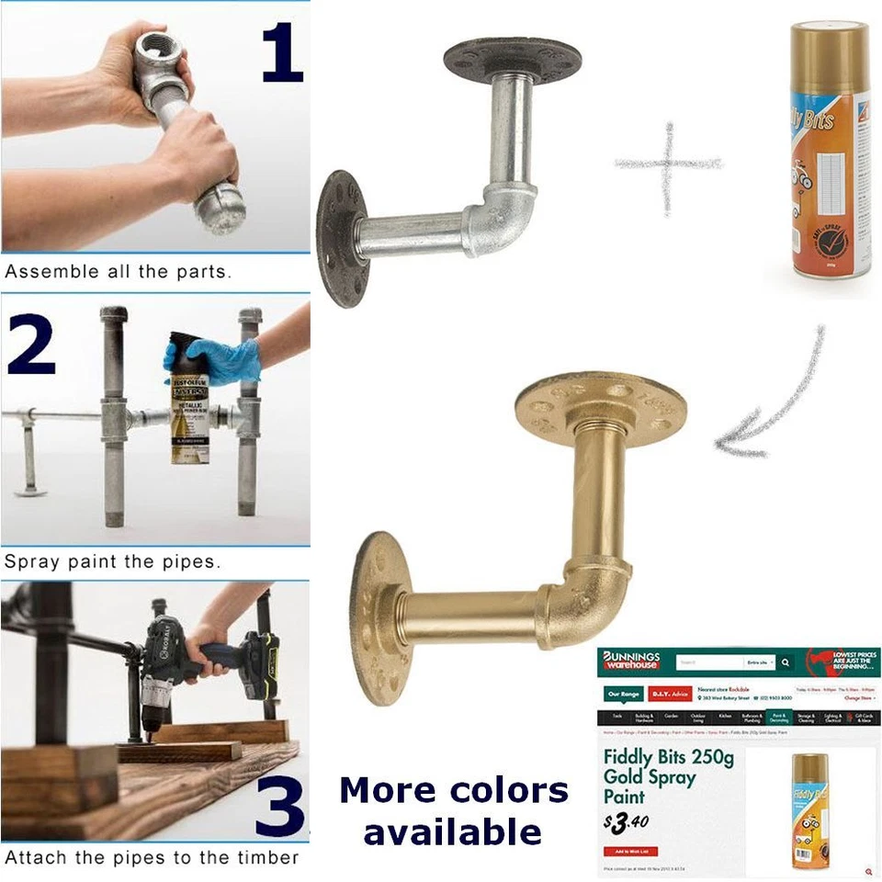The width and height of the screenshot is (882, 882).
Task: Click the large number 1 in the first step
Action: pos(281,53)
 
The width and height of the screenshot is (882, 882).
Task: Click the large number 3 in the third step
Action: pos(279,807)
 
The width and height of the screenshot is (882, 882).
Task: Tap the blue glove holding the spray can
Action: pos(217,360)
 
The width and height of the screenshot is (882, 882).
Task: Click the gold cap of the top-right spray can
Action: pos(830,47)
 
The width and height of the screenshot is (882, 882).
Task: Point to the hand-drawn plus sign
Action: pos(669,166)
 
